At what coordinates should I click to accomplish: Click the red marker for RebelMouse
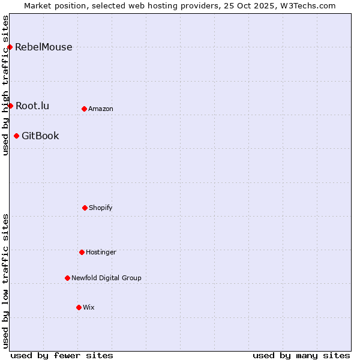click(x=10, y=47)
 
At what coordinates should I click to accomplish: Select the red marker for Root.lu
click(x=10, y=106)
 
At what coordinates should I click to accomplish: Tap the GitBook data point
click(x=16, y=136)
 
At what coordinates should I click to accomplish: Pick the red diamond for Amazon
click(x=84, y=109)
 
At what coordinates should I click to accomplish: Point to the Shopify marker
click(x=85, y=208)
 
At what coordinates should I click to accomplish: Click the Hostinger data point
click(x=82, y=252)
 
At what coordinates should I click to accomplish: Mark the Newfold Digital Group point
click(x=67, y=278)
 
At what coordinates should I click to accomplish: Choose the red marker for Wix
click(x=79, y=307)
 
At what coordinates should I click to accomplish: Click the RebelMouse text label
click(x=44, y=47)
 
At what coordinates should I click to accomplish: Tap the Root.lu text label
click(x=32, y=106)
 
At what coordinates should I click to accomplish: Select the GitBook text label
click(x=40, y=136)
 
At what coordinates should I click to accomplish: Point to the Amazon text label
click(x=101, y=109)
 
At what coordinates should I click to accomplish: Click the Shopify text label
click(x=101, y=208)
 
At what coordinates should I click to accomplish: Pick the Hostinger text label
click(x=101, y=253)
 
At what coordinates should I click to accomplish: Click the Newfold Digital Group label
click(x=106, y=278)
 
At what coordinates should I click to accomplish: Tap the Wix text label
click(x=89, y=308)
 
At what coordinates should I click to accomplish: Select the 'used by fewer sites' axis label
click(x=62, y=355)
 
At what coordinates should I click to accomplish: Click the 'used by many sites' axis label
click(x=301, y=355)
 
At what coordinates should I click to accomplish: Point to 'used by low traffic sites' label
click(x=6, y=281)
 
